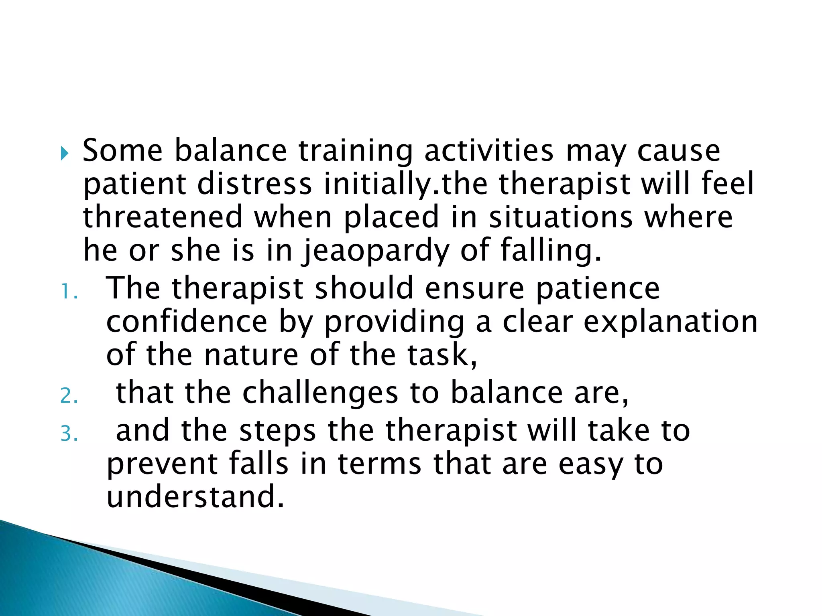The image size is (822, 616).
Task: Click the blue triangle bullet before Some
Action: pos(65,153)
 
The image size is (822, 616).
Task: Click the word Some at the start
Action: pos(122,151)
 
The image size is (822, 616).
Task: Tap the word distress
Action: pos(254,184)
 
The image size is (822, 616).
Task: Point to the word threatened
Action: pos(163,217)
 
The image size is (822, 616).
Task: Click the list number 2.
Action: pos(69,396)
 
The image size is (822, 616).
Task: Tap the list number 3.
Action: pos(69,434)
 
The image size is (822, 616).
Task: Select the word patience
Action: pos(598,289)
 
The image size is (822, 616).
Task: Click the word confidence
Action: pos(187,322)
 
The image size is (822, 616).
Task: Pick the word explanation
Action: pos(670,322)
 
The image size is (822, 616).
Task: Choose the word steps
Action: pos(277,430)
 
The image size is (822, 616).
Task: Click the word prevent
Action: pos(162,464)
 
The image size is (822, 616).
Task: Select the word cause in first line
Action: pos(679,151)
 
